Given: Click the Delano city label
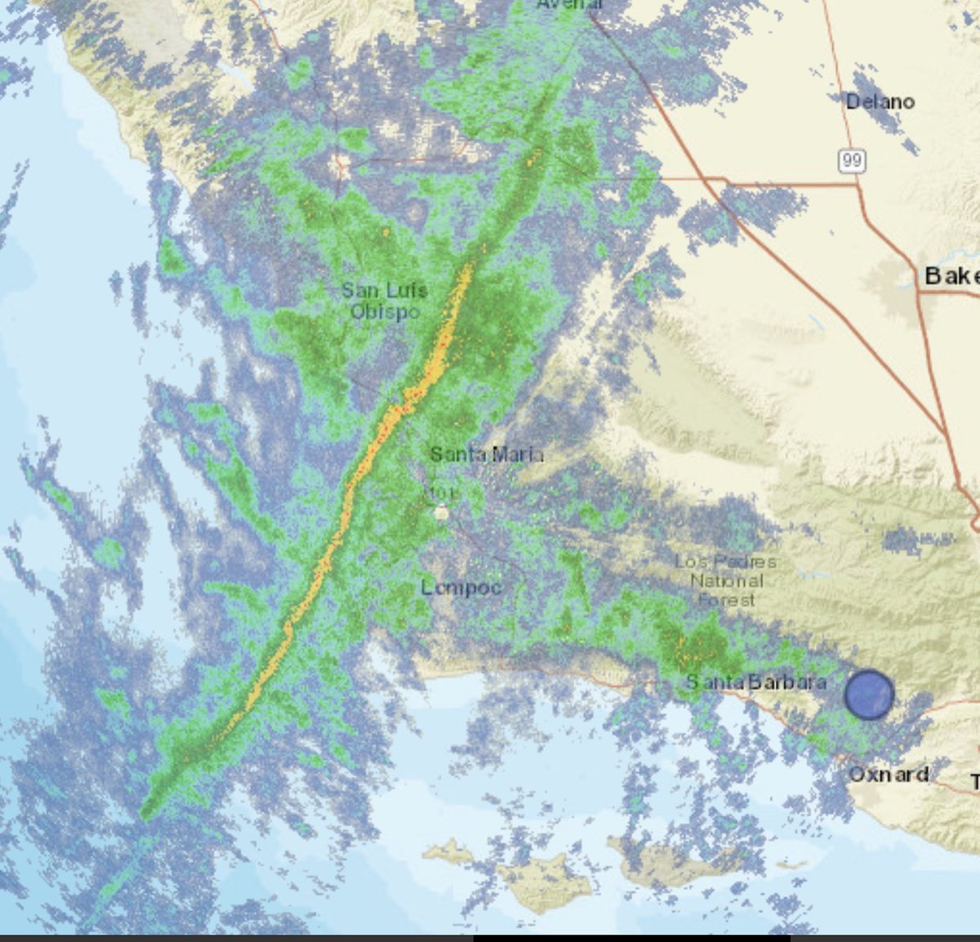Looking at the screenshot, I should click(x=880, y=102).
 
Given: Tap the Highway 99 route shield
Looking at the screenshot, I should click(x=851, y=160).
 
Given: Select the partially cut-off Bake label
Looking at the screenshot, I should click(x=951, y=276).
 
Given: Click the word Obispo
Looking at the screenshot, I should click(x=385, y=311).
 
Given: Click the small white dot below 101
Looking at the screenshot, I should click(x=441, y=512).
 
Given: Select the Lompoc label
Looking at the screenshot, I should click(x=461, y=587).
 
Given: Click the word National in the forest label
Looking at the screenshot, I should click(x=727, y=581).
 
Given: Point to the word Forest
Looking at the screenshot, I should click(x=727, y=600).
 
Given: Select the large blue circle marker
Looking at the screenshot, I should click(x=869, y=694).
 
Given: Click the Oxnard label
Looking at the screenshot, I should click(x=889, y=774).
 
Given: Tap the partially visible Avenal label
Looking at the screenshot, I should click(x=570, y=4).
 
